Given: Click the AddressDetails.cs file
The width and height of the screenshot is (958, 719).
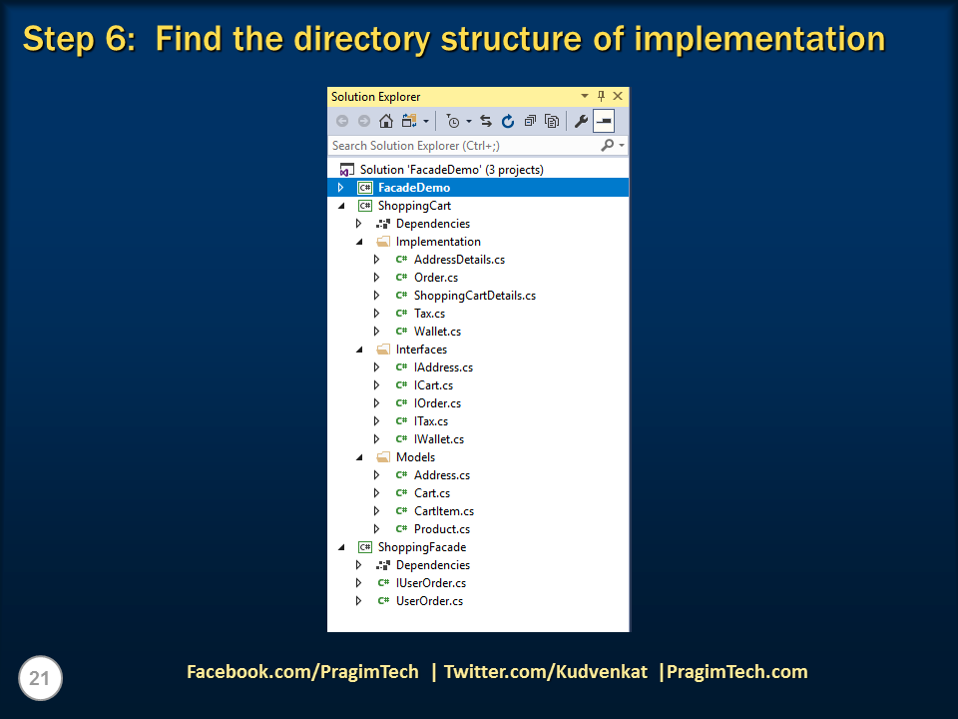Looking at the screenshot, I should [x=458, y=260].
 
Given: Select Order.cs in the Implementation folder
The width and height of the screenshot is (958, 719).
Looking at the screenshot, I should [x=436, y=278].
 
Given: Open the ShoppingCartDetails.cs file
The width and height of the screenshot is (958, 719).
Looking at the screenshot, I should [x=474, y=296].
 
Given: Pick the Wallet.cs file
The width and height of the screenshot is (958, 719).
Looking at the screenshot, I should [x=437, y=332].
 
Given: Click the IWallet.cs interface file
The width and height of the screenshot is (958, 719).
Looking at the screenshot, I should [x=438, y=439].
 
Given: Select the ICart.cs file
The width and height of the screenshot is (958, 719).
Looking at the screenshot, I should [x=433, y=385].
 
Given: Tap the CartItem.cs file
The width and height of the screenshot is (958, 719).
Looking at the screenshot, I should [x=443, y=511].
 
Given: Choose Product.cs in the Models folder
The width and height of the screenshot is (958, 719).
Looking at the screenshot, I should [x=441, y=529].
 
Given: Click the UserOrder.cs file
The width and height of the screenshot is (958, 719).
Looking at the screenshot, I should [x=429, y=601].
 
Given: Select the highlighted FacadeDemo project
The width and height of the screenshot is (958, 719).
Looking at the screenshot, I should [x=413, y=188].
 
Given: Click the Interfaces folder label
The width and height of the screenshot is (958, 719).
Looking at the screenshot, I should [x=421, y=350].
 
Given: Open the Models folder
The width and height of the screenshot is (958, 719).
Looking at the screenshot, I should [x=415, y=457].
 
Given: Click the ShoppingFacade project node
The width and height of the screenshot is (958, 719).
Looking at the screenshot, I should [x=421, y=547].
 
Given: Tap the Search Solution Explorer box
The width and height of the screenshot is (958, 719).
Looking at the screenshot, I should [x=464, y=146].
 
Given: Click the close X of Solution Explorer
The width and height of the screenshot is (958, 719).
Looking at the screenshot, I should [x=618, y=97].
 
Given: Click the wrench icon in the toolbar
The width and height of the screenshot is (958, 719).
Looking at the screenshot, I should [x=581, y=122].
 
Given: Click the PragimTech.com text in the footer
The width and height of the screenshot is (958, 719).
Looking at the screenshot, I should [x=736, y=672].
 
